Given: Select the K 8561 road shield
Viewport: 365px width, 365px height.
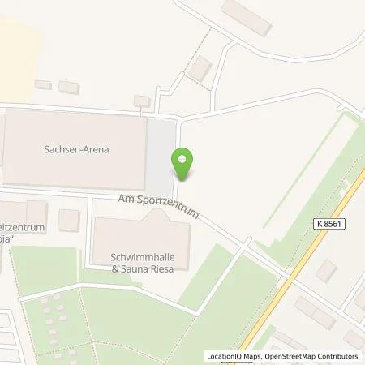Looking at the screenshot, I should pyautogui.click(x=324, y=221).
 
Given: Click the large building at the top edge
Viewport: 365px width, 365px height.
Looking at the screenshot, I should pyautogui.click(x=246, y=16).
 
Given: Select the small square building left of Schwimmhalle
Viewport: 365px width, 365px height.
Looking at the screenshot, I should pyautogui.click(x=69, y=220).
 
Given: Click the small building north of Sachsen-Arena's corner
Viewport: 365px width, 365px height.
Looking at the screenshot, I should pyautogui.click(x=142, y=101).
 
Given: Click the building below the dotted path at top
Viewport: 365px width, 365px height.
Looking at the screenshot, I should pyautogui.click(x=200, y=69).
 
